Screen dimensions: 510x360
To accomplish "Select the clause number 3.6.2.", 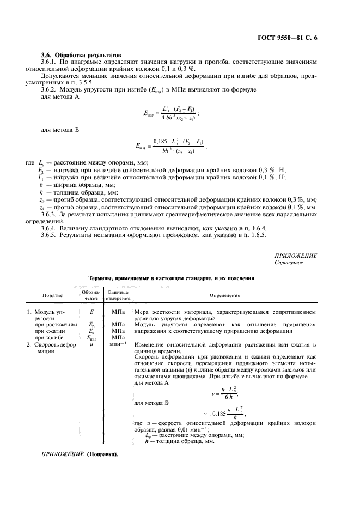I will tap(51, 89).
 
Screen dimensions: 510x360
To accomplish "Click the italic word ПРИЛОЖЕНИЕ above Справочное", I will tap(296, 256).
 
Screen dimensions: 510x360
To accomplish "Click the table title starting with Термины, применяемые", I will tap(170, 278).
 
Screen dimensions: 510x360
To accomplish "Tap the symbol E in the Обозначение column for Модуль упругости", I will tap(91, 312).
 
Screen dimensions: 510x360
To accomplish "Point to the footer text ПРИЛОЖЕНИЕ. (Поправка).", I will tap(80, 454).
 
